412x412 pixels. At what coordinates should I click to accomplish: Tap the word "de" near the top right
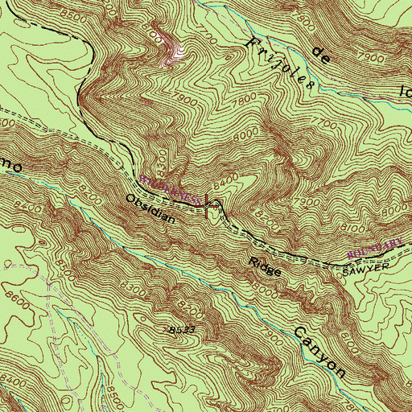[323, 57]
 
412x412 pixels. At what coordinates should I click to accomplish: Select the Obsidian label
[148, 207]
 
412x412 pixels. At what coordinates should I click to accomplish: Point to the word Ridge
[266, 267]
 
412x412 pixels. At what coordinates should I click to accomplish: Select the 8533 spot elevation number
[183, 331]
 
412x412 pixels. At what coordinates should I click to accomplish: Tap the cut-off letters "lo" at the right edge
[402, 81]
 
